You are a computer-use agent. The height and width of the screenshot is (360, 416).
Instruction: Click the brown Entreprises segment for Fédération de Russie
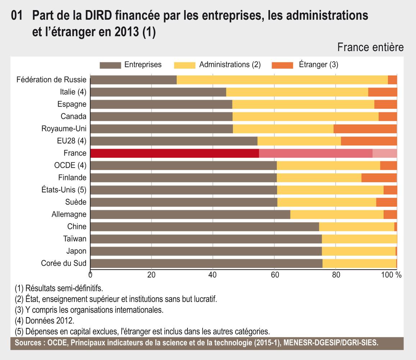tap(133, 80)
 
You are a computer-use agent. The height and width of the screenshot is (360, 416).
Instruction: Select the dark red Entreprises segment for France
tap(175, 153)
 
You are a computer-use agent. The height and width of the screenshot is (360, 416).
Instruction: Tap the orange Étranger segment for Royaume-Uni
tap(365, 129)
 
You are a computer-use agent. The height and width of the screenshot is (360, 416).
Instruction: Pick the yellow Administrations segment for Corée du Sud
tap(359, 264)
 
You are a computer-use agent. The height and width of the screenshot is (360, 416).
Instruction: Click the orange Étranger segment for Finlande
tap(379, 178)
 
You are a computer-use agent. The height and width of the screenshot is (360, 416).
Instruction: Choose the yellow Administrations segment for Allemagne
tap(337, 215)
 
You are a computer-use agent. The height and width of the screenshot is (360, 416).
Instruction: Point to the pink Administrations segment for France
tap(316, 153)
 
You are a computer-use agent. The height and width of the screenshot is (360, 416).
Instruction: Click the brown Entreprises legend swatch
tap(110, 65)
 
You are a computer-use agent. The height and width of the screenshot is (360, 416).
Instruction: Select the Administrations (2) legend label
tap(230, 65)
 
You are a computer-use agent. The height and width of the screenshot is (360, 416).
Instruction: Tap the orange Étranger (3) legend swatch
tap(282, 65)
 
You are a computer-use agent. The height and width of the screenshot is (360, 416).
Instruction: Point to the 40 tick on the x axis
tap(213, 275)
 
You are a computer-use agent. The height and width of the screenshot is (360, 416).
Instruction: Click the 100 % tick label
tap(393, 275)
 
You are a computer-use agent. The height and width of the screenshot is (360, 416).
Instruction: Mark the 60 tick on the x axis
tap(274, 275)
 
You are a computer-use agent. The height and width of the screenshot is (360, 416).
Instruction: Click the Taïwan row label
tap(77, 239)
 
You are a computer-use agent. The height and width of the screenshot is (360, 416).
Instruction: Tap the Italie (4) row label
tap(73, 92)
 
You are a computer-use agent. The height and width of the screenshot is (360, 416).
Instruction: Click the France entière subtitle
tap(371, 48)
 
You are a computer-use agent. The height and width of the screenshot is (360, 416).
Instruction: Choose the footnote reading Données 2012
tap(45, 320)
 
